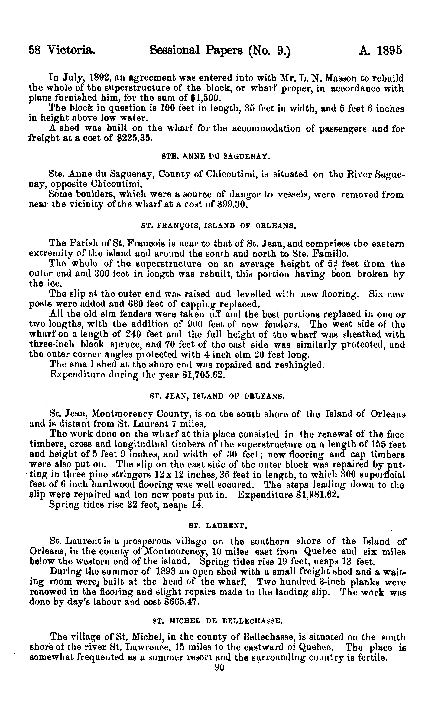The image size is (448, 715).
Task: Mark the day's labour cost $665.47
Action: [179, 602]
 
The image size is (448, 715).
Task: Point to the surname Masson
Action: [340, 79]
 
